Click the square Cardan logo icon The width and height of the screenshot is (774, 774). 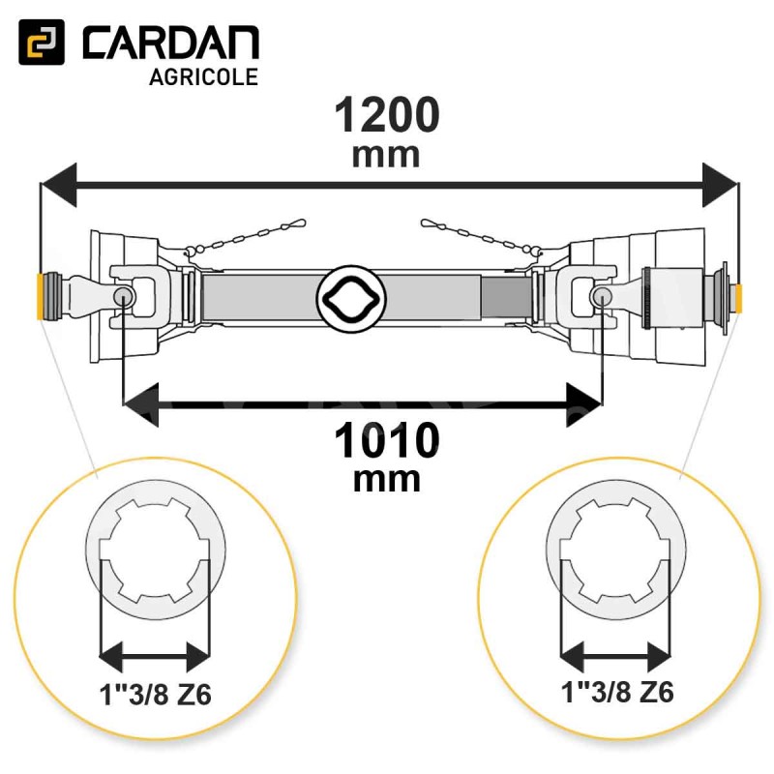(x=42, y=42)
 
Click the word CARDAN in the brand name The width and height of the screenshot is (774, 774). (x=171, y=43)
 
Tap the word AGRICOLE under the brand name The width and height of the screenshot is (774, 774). (x=203, y=77)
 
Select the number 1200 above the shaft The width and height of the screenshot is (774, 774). (x=386, y=114)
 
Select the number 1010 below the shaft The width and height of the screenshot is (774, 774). (x=386, y=440)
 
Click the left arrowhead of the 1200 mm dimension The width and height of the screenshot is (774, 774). (x=59, y=185)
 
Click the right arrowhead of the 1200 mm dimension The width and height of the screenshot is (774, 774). (x=721, y=185)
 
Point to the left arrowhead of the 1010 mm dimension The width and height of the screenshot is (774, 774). (x=140, y=404)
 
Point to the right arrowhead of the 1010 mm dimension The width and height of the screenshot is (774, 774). (x=584, y=404)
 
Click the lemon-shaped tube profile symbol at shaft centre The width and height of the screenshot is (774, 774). (x=351, y=298)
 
